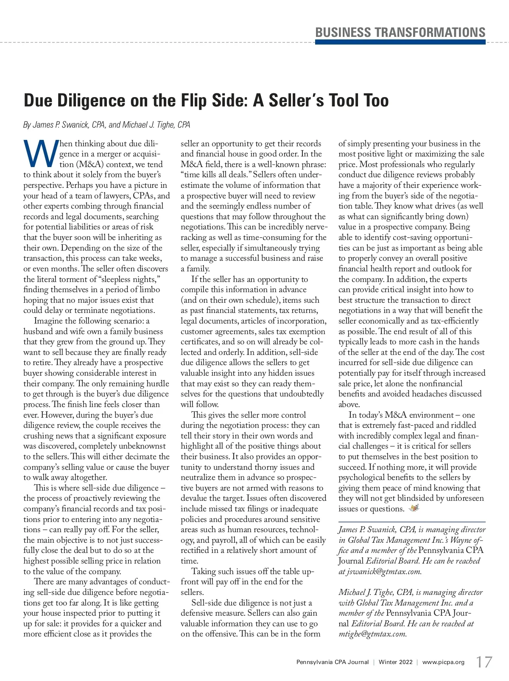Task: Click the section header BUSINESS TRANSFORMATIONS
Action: coord(400,33)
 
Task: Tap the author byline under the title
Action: coord(106,125)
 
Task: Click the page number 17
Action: coord(484,662)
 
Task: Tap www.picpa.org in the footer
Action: coord(443,662)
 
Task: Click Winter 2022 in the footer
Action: coord(395,662)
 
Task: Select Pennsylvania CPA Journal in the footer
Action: coord(333,662)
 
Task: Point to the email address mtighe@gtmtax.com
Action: coord(373,634)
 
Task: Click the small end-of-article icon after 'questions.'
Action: coord(414,508)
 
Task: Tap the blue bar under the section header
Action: coord(400,42)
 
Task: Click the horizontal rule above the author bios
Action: coord(412,522)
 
